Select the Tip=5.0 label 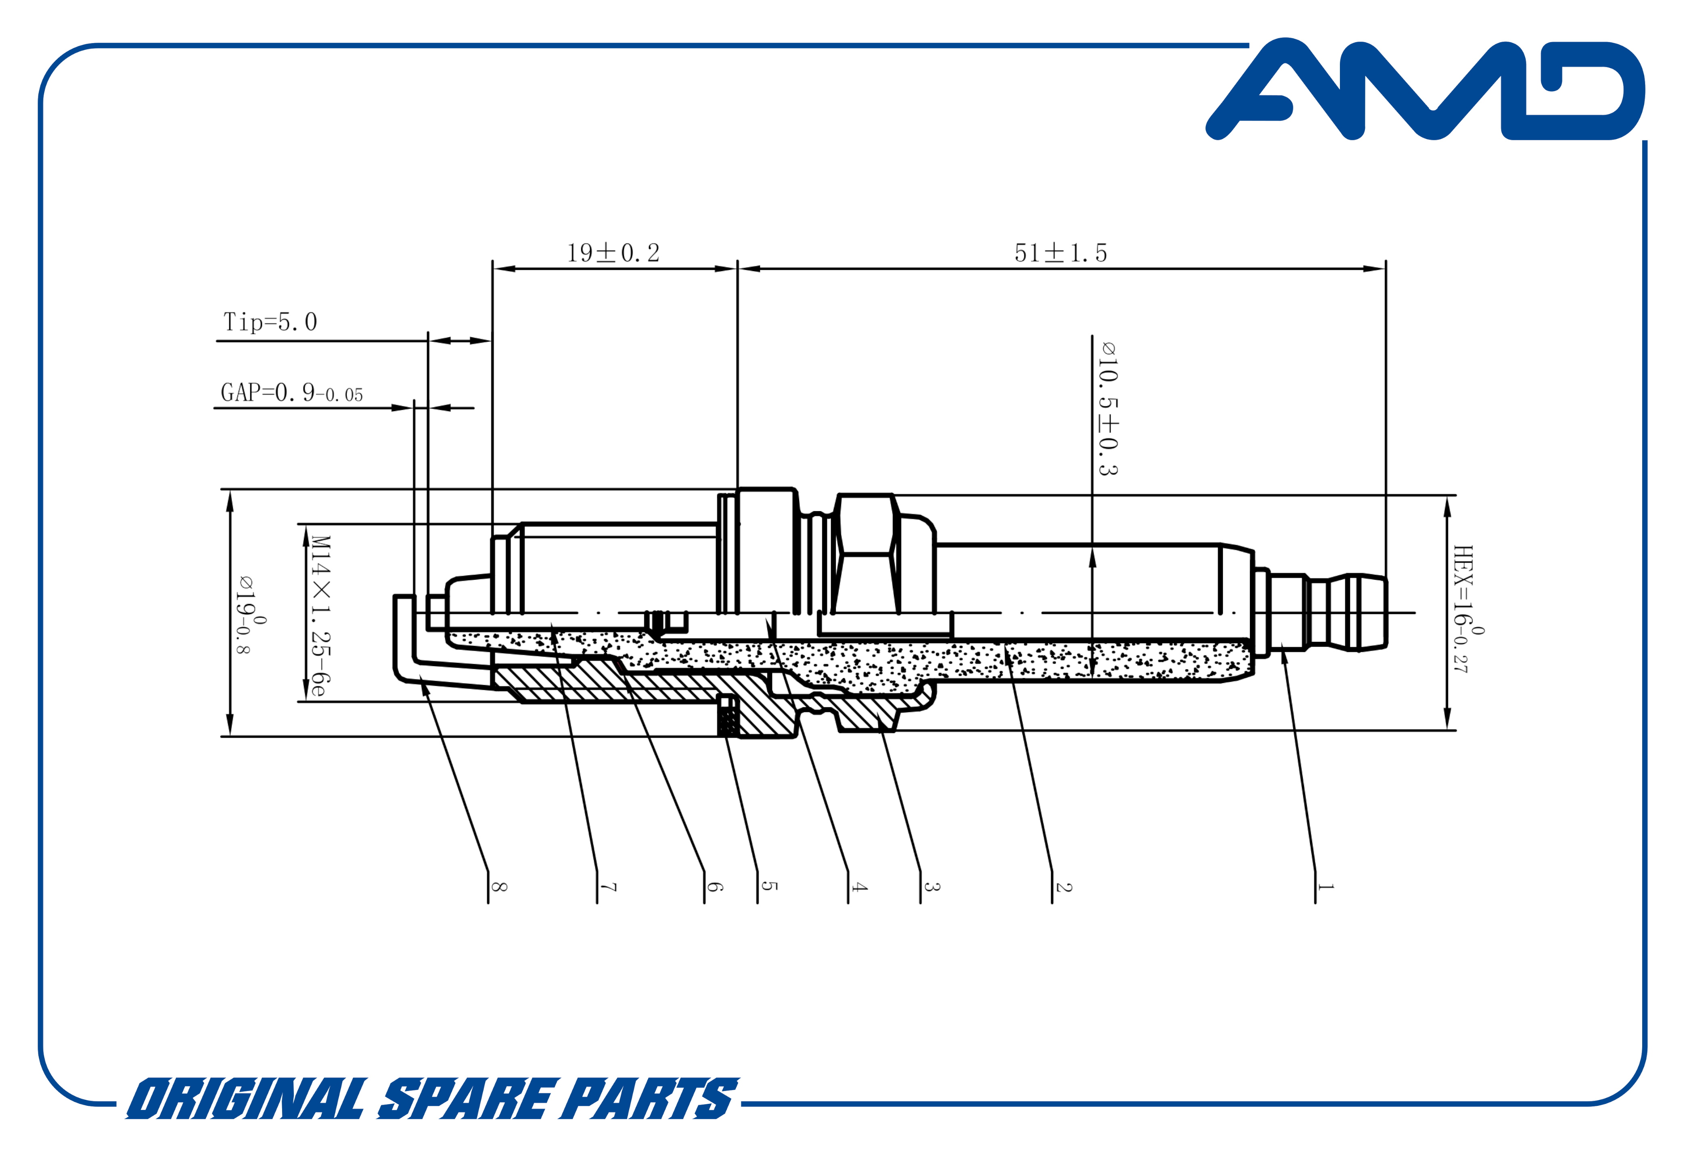coord(270,322)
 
